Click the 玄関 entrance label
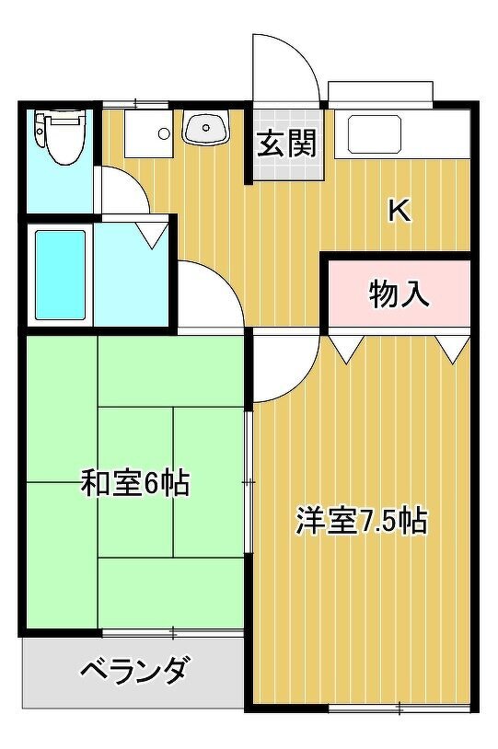[287, 144]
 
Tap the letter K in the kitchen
[400, 211]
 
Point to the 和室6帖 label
[135, 483]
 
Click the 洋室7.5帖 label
[362, 521]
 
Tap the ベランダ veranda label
[133, 670]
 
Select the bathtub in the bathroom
[60, 275]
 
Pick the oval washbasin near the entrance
[206, 128]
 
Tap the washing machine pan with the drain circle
[148, 133]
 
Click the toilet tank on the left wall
[41, 129]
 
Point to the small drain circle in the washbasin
[206, 128]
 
